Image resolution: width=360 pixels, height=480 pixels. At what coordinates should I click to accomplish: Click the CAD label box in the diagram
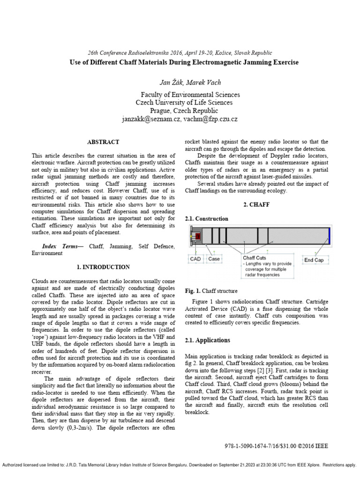[195, 259]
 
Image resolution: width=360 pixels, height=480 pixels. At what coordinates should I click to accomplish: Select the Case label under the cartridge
[214, 259]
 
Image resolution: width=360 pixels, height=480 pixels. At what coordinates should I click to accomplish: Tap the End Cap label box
[314, 260]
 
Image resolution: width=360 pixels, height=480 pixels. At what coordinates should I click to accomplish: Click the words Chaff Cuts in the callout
[255, 257]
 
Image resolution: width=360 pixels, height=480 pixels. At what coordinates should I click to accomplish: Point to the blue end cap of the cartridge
[329, 234]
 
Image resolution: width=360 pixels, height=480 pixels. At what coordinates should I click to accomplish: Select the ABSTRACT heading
[103, 142]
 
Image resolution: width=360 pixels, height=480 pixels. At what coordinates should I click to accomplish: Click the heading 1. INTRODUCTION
[103, 267]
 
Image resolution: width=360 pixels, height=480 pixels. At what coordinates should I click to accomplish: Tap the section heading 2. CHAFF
[257, 205]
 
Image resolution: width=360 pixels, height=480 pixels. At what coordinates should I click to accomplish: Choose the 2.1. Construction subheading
[207, 218]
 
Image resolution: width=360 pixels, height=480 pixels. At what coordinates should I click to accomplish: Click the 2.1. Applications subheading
[208, 340]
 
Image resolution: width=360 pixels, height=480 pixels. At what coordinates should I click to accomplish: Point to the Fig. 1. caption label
[193, 291]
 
